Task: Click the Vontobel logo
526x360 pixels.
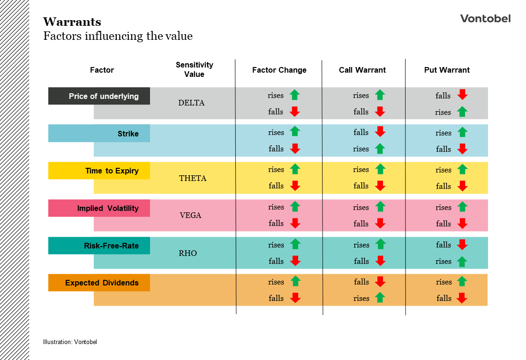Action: pos(485,19)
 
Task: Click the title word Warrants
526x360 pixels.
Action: pos(72,22)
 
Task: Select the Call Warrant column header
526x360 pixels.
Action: pos(362,70)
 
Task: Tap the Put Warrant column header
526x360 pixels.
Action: pos(446,70)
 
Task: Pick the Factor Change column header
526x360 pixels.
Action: pos(279,70)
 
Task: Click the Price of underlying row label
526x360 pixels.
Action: pos(103,96)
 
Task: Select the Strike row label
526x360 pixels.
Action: pos(128,134)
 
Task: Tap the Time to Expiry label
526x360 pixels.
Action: pos(112,171)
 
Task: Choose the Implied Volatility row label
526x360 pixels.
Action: pos(108,208)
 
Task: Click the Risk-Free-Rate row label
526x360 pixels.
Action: pos(111,246)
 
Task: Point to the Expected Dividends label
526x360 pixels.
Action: pos(102,283)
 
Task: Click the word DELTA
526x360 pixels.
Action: pos(191,103)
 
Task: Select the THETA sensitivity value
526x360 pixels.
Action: pos(193,178)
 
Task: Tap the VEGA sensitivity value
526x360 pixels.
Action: pos(190,216)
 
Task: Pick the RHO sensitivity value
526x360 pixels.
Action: pos(188,253)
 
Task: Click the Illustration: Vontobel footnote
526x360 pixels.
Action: pos(70,342)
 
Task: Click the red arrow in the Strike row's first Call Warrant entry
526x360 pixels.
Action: pos(380,132)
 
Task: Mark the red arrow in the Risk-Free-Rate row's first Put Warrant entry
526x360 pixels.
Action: pos(462,245)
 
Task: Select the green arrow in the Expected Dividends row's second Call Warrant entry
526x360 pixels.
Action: pos(380,298)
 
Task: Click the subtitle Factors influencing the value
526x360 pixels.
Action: pos(118,36)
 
